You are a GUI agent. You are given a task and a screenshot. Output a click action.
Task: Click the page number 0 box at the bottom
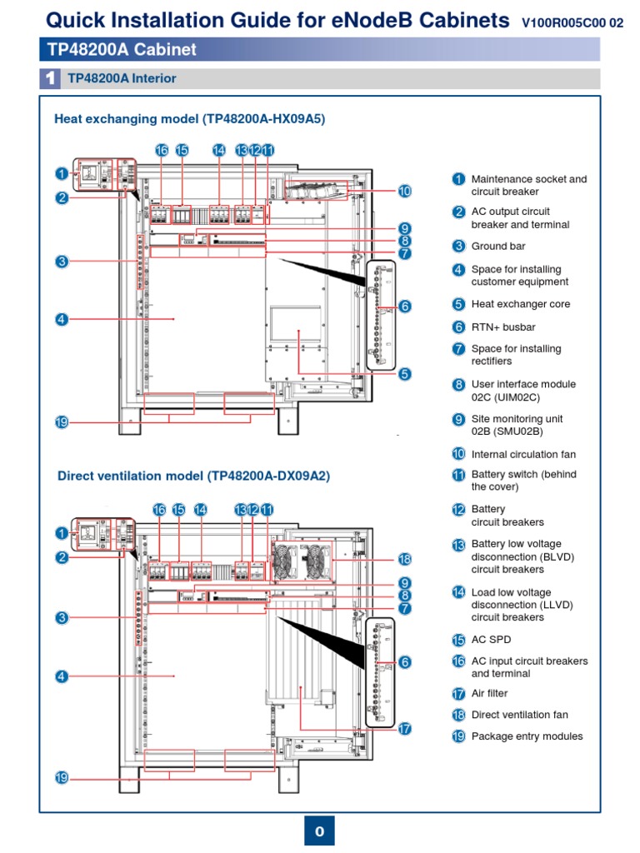[319, 831]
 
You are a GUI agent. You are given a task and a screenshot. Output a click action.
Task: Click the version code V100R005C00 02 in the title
[572, 23]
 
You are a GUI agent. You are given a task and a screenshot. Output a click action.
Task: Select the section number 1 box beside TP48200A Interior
[50, 79]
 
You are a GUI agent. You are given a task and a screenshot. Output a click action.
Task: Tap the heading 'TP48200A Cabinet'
[122, 50]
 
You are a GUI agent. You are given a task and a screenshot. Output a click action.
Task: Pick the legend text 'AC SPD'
[491, 640]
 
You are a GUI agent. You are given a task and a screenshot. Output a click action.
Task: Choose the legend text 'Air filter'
[489, 693]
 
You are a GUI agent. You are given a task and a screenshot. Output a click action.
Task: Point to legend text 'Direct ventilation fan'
[519, 715]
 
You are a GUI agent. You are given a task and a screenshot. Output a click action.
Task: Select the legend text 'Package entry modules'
[527, 736]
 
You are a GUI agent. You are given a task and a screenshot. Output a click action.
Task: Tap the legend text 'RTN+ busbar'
[503, 327]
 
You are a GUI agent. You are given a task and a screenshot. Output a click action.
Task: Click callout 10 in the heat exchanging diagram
[404, 191]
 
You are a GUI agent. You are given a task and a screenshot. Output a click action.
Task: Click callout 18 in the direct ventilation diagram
[405, 558]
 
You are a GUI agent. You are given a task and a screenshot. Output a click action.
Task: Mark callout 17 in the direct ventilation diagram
[405, 728]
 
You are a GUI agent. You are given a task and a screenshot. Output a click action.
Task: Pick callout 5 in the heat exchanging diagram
[404, 374]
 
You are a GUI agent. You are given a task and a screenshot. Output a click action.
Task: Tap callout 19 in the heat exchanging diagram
[62, 422]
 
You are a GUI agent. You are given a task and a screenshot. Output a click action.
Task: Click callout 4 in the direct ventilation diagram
[62, 676]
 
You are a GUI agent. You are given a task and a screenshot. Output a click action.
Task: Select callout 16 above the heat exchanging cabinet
[162, 150]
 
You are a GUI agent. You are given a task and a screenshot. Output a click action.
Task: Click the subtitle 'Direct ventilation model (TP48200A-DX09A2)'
[193, 476]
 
